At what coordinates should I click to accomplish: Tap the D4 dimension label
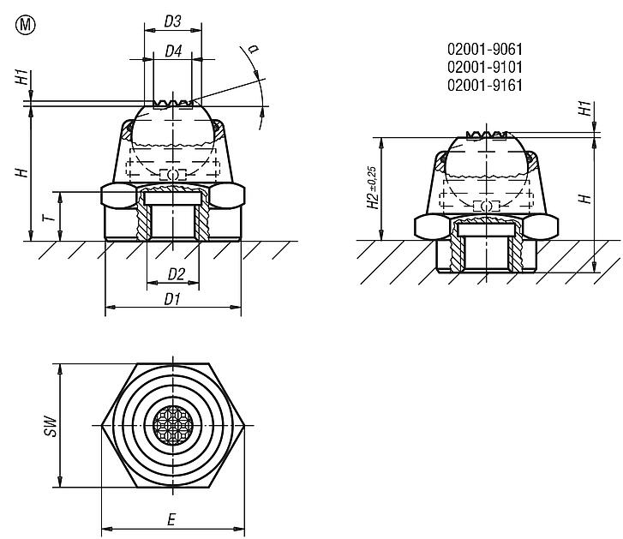point(172,51)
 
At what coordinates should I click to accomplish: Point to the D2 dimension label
point(176,274)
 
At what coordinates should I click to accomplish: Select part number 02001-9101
point(485,67)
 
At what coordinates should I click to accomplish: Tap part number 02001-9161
point(485,84)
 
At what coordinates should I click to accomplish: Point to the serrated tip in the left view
point(173,104)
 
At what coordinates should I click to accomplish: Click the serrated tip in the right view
point(486,135)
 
